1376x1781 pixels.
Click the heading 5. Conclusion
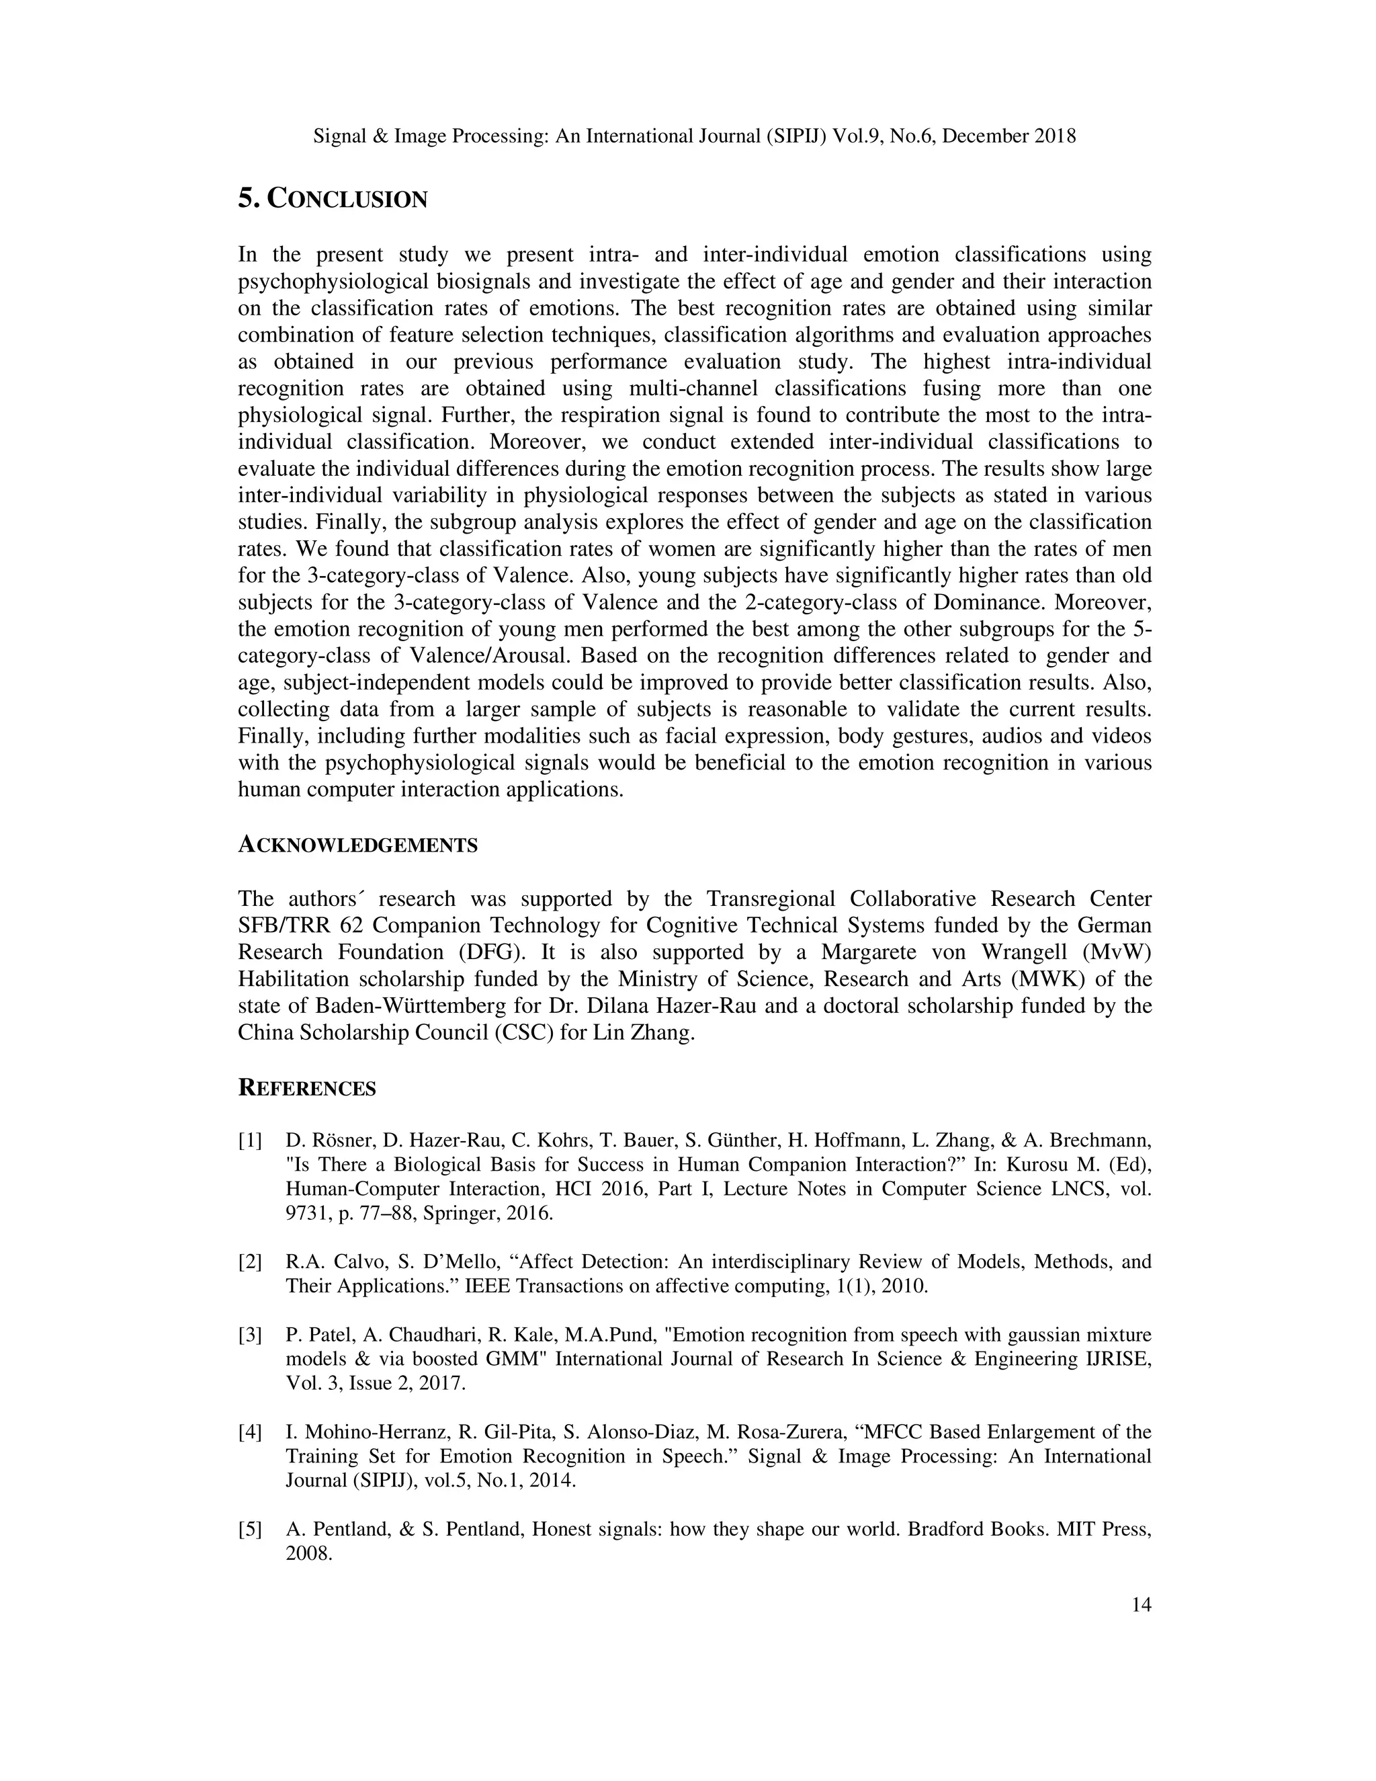click(x=333, y=198)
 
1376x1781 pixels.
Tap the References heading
click(x=306, y=1088)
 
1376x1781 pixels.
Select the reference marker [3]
click(x=250, y=1335)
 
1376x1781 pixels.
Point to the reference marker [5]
click(x=250, y=1529)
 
